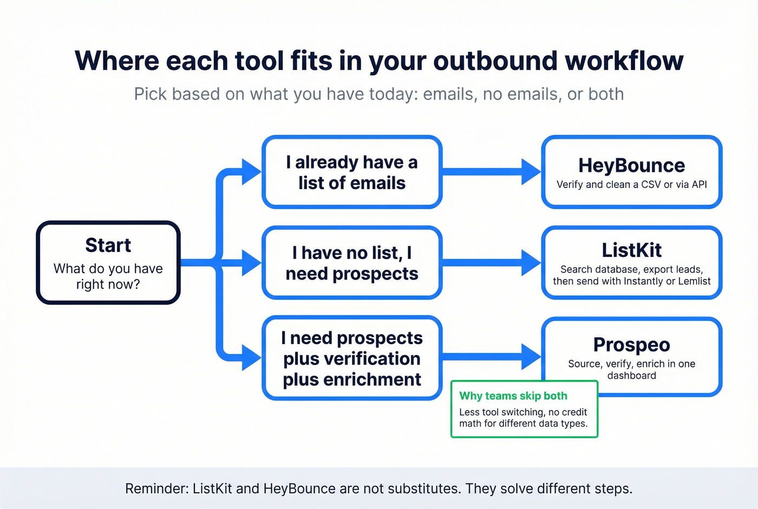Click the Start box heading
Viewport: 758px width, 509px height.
tap(108, 246)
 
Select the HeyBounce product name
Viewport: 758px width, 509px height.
tap(631, 165)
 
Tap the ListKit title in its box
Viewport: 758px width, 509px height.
tap(631, 250)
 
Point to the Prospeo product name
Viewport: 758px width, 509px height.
tap(631, 345)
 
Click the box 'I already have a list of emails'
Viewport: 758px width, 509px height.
tap(352, 172)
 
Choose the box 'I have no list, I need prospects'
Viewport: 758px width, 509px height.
tap(352, 263)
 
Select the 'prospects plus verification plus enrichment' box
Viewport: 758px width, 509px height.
tap(352, 358)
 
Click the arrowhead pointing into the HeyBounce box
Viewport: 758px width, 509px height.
tap(531, 172)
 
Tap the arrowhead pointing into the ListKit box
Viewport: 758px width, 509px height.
tap(531, 263)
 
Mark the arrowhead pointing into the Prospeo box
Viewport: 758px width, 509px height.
tap(531, 356)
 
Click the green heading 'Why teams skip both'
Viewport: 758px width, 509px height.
tap(513, 396)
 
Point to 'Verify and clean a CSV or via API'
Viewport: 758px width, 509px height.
tap(631, 184)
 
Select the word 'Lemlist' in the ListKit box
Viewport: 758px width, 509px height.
tap(693, 281)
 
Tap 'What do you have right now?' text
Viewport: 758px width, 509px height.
tap(108, 276)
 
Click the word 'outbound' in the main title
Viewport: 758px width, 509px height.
tap(495, 61)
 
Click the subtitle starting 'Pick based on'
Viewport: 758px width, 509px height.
tap(379, 94)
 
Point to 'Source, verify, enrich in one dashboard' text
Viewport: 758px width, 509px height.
tap(631, 370)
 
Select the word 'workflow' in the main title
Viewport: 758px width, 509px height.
tap(624, 61)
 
